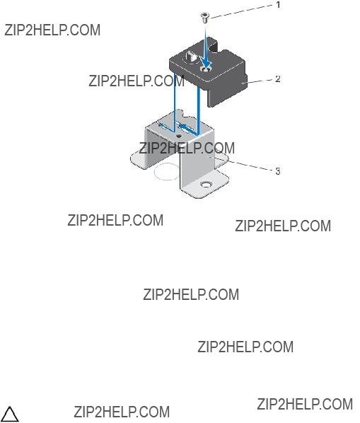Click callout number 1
[278, 4]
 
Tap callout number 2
[277, 79]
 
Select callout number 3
[278, 171]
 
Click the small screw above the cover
[205, 18]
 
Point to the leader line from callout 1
[242, 11]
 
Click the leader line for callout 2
[258, 81]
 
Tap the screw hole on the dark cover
[206, 69]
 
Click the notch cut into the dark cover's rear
[218, 47]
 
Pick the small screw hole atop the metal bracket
[178, 137]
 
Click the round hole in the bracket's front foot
[207, 185]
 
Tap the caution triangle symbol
[10, 415]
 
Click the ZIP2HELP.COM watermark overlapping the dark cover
[137, 81]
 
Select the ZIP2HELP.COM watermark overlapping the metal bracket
[187, 148]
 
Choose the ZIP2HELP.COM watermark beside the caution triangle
[122, 412]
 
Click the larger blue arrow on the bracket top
[188, 129]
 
